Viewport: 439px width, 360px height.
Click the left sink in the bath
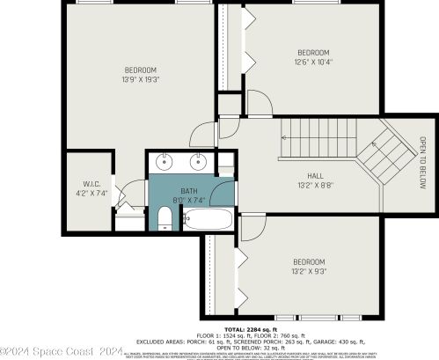click(x=166, y=162)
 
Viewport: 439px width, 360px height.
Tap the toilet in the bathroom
click(x=165, y=217)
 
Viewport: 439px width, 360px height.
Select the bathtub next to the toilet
click(x=209, y=218)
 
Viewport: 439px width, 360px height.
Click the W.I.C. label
click(x=92, y=183)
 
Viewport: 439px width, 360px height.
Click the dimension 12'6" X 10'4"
click(x=314, y=62)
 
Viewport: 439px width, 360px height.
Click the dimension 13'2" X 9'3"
click(x=309, y=272)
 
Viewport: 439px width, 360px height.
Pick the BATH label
click(x=189, y=191)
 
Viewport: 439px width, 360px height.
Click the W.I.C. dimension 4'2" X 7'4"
click(x=92, y=193)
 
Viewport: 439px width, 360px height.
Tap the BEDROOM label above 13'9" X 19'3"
click(x=140, y=70)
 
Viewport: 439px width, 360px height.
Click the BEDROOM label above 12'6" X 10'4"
click(x=314, y=52)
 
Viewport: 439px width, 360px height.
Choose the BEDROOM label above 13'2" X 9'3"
click(x=309, y=262)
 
